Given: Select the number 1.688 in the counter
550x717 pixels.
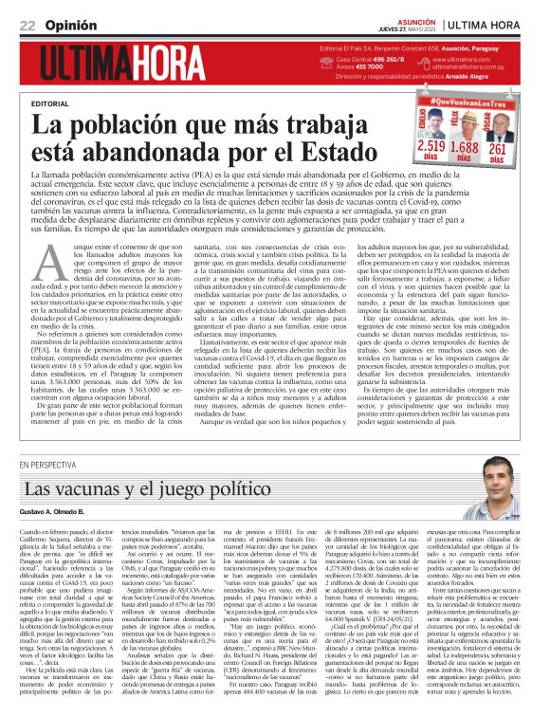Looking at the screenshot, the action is click(x=464, y=147).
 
